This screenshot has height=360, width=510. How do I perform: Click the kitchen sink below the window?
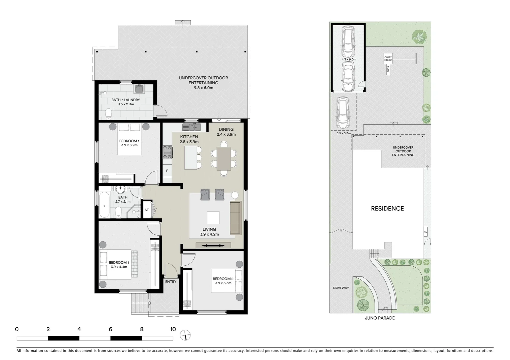coord(191,127)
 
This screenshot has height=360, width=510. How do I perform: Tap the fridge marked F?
coord(167,171)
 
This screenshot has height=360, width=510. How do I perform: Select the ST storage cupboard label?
coord(147,210)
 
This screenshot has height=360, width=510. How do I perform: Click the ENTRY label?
coord(171,282)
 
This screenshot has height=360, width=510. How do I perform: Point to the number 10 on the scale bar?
coord(172,329)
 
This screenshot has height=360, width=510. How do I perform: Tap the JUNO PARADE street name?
coord(380,318)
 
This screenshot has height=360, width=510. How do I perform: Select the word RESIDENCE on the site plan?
coord(387,209)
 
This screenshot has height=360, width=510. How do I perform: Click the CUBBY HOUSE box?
coord(388,59)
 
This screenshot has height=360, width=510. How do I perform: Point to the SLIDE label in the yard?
coord(388,70)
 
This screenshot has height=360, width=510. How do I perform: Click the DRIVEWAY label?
coord(341,288)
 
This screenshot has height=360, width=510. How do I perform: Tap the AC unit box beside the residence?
coord(425,232)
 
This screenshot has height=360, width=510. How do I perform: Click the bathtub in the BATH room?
coord(104,204)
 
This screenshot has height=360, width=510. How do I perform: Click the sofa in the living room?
coord(235,218)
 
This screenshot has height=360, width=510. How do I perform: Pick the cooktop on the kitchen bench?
coord(167,152)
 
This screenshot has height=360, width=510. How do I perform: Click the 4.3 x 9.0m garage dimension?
coord(349,59)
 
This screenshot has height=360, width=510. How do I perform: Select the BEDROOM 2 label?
coord(223,279)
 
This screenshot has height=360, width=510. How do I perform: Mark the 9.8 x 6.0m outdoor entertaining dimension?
coord(203,88)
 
